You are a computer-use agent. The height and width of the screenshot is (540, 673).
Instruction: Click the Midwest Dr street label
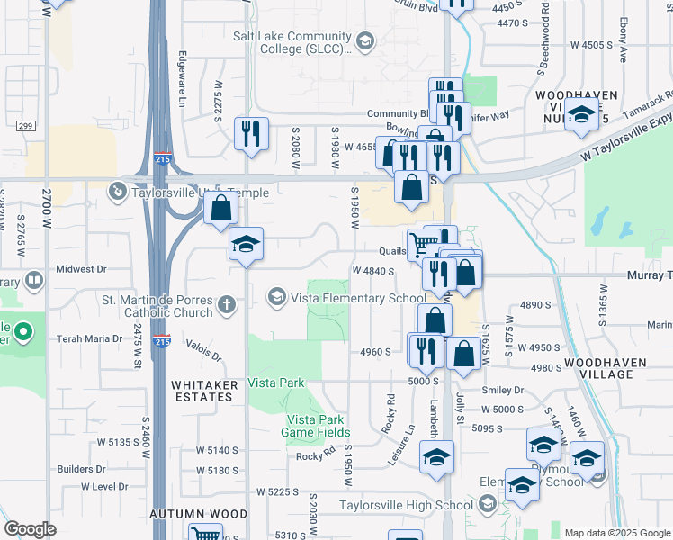tap(81, 268)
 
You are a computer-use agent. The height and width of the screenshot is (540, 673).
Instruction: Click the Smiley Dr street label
tap(502, 390)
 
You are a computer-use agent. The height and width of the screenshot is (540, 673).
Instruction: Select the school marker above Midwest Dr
tap(246, 244)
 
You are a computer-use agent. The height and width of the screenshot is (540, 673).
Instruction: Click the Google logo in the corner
tap(30, 529)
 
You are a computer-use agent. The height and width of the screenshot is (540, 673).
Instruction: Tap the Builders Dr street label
tap(81, 469)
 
